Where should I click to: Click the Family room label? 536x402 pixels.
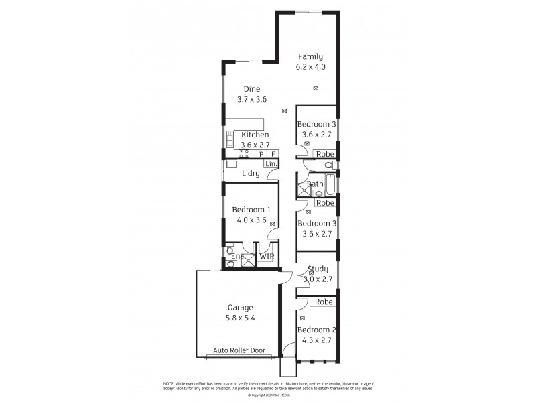(x=311, y=56)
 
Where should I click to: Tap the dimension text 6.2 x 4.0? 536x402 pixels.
(x=311, y=67)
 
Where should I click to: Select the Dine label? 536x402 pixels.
(x=251, y=89)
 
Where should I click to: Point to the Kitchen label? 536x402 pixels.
(x=255, y=135)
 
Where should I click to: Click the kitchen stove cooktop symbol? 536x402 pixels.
(x=245, y=154)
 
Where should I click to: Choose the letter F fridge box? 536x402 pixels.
(x=273, y=154)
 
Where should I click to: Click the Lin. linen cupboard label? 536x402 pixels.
(x=271, y=164)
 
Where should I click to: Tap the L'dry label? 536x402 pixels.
(x=251, y=174)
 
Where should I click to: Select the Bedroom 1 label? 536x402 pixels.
(x=251, y=210)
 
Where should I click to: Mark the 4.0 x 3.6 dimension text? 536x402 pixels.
(x=251, y=220)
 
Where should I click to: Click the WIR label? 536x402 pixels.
(x=267, y=256)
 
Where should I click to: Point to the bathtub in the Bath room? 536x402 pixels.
(x=316, y=184)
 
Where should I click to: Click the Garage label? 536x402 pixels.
(x=239, y=308)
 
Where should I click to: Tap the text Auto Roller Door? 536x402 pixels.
(x=239, y=350)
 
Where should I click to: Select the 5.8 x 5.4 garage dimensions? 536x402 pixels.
(x=239, y=319)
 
